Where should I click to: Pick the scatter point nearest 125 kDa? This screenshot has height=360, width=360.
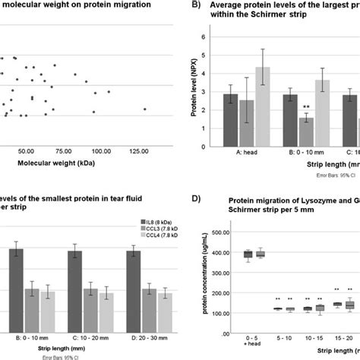145,109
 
